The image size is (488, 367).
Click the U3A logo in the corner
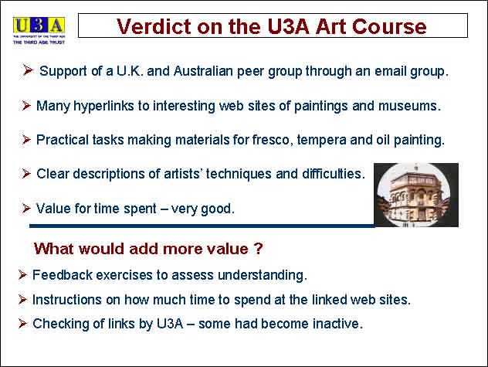[x=39, y=31]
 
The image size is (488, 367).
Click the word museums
[x=409, y=106]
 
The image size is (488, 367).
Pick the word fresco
[x=273, y=140]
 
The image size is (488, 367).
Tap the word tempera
[x=321, y=141]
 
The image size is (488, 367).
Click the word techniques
[x=239, y=174]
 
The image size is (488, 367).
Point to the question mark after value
[x=259, y=249]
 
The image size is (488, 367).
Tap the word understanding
[x=263, y=275]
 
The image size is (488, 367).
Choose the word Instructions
[x=67, y=300]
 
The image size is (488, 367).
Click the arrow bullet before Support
[x=28, y=70]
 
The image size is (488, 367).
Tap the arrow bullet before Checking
[x=22, y=324]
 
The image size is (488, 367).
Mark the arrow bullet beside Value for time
[x=26, y=209]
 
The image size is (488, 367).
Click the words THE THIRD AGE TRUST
[x=39, y=42]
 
